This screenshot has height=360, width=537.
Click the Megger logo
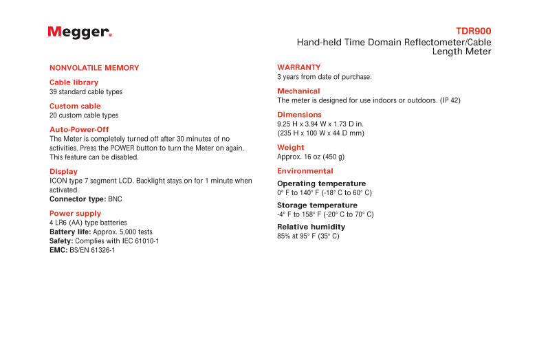(80, 32)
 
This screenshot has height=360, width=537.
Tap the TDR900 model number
(473, 32)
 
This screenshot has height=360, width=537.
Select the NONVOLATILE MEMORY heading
(94, 68)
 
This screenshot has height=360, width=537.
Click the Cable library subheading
(74, 82)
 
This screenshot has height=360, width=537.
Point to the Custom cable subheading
(75, 106)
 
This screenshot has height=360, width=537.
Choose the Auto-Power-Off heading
(79, 130)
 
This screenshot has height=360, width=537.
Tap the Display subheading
(63, 172)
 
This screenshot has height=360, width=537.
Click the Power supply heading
(75, 214)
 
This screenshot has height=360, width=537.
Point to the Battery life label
(70, 232)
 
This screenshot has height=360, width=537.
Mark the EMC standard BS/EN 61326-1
(92, 250)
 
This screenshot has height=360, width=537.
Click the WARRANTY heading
(298, 67)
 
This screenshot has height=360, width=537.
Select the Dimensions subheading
(299, 115)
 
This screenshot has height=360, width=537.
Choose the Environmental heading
(305, 171)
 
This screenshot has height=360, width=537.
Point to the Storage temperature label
(317, 205)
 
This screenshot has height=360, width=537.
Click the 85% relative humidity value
(284, 236)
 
